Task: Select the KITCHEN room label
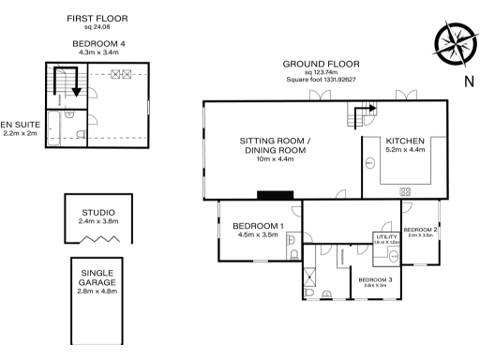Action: (x=405, y=141)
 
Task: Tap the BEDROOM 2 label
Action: (x=421, y=230)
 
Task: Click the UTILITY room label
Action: (x=386, y=236)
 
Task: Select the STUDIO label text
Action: (x=97, y=212)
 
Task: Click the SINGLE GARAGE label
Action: (x=97, y=277)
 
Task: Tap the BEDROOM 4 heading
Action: (x=97, y=43)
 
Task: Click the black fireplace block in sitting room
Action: (x=275, y=196)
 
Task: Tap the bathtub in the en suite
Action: (x=64, y=128)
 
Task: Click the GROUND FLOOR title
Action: (x=320, y=64)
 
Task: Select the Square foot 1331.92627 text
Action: (x=320, y=80)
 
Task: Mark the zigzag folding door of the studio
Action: (x=97, y=240)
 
